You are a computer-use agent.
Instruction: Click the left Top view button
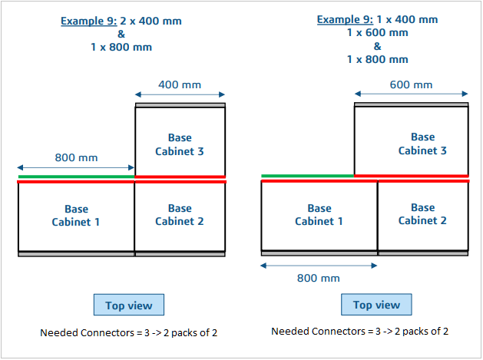(x=128, y=305)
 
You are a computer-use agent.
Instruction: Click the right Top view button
(x=376, y=305)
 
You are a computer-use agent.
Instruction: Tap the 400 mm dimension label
(x=180, y=84)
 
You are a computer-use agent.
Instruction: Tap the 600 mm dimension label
(x=411, y=85)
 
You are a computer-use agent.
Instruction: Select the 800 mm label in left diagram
(x=76, y=157)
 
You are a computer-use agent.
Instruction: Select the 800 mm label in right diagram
(x=319, y=277)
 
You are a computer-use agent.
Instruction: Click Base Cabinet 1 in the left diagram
(x=76, y=216)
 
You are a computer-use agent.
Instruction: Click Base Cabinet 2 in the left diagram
(x=180, y=215)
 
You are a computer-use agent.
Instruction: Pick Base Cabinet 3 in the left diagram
(x=180, y=144)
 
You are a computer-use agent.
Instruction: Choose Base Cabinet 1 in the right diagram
(x=319, y=215)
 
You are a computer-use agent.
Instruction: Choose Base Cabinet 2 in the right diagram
(x=422, y=214)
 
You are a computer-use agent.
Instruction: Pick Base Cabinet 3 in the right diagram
(x=422, y=144)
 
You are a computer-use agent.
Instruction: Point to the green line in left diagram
(x=76, y=177)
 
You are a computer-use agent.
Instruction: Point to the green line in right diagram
(x=307, y=176)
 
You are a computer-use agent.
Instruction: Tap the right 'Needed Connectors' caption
(x=359, y=332)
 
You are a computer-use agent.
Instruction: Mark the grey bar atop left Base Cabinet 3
(x=180, y=104)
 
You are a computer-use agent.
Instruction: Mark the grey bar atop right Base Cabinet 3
(x=411, y=103)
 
